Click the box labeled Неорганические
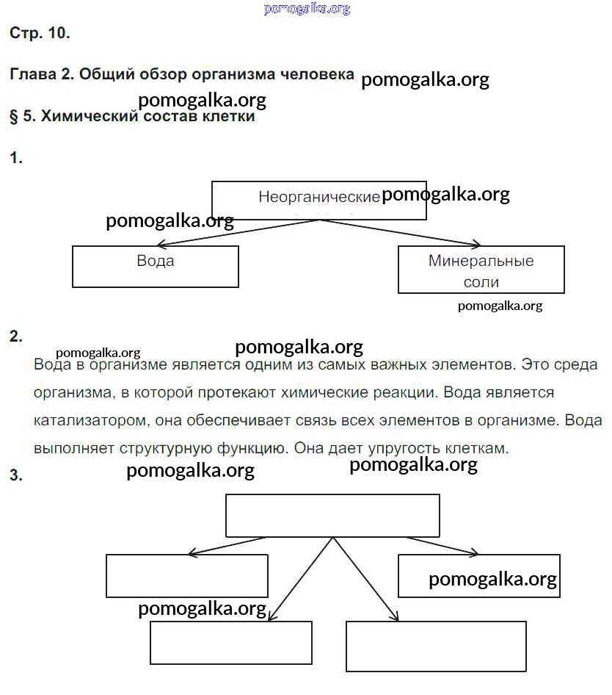(318, 200)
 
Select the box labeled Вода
(156, 265)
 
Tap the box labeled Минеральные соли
(481, 270)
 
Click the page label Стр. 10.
(40, 33)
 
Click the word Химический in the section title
(84, 116)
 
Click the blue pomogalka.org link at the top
(307, 9)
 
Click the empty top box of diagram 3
(332, 515)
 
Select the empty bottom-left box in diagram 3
(231, 642)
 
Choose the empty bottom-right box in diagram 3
(436, 646)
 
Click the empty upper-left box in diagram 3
(187, 575)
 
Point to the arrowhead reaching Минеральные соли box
(475, 244)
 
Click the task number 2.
(16, 337)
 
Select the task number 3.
(16, 475)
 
